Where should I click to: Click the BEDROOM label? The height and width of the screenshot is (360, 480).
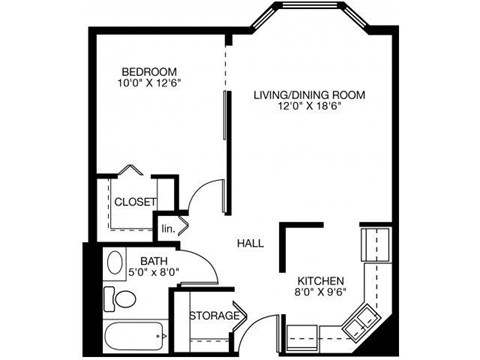(x=149, y=71)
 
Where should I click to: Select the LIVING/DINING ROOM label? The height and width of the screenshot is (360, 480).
(x=308, y=95)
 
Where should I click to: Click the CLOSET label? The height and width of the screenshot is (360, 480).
(x=134, y=202)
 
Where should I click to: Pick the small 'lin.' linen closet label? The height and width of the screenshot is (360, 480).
(x=168, y=227)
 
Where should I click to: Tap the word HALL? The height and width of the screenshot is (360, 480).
(x=250, y=243)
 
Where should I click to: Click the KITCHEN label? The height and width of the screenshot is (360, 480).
(x=321, y=281)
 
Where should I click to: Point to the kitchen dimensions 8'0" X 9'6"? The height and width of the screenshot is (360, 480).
(x=321, y=294)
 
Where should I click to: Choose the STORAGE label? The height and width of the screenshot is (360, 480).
(x=214, y=316)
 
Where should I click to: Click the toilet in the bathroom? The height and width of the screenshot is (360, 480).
(x=123, y=299)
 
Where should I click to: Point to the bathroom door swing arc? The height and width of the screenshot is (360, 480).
(x=202, y=262)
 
